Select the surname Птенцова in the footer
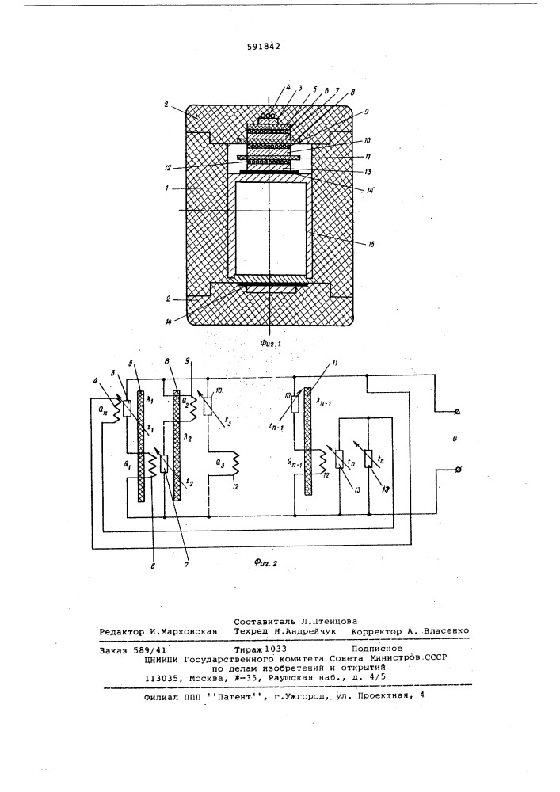point(333,622)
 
